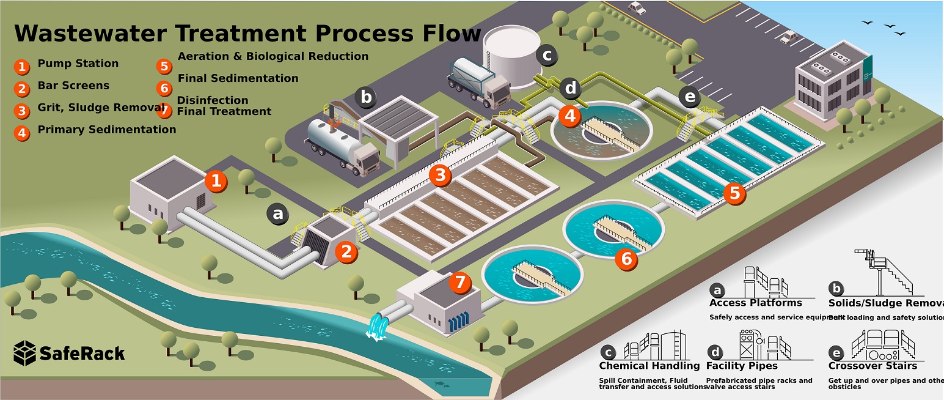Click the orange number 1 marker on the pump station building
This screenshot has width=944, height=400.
pyautogui.click(x=216, y=180)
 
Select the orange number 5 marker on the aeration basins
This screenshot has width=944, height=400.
pyautogui.click(x=734, y=193)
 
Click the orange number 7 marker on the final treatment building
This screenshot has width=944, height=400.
pyautogui.click(x=460, y=283)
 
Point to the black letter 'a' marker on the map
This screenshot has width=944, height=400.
pyautogui.click(x=278, y=214)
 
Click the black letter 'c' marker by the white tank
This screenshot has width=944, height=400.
pyautogui.click(x=547, y=56)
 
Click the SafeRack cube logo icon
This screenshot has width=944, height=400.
pyautogui.click(x=24, y=353)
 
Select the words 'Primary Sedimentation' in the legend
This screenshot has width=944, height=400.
pyautogui.click(x=106, y=130)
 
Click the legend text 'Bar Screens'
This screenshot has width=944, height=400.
pyautogui.click(x=73, y=86)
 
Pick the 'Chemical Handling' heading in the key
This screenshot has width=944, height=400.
pyautogui.click(x=649, y=366)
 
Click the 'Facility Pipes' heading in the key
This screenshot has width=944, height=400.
pyautogui.click(x=742, y=366)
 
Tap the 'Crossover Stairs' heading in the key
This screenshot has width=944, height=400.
pyautogui.click(x=873, y=366)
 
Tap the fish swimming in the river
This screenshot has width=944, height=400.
pyautogui.click(x=440, y=384)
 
